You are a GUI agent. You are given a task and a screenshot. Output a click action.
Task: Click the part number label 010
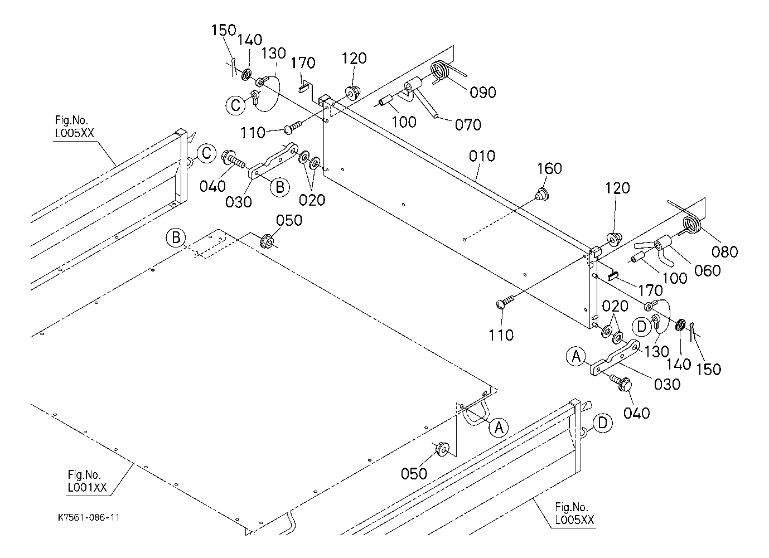[x=481, y=156]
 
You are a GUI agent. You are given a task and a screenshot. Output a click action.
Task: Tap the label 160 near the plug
[x=549, y=168]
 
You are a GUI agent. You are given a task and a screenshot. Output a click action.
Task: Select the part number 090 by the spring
[x=483, y=93]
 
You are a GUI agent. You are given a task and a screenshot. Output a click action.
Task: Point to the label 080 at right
[x=725, y=251]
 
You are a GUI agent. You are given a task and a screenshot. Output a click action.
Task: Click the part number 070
[x=468, y=124]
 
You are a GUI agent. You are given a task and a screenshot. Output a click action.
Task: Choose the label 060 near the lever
[x=707, y=270]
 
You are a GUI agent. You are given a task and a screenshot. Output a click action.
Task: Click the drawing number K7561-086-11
[x=89, y=517]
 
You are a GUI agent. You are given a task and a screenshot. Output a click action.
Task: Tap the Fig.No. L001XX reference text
[x=85, y=481]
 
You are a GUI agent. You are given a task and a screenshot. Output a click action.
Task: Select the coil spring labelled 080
[x=693, y=225]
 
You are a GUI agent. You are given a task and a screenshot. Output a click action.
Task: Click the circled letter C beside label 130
[x=235, y=104]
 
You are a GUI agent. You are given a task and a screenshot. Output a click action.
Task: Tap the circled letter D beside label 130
[x=641, y=326]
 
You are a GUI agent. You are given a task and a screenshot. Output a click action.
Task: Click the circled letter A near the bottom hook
[x=498, y=427]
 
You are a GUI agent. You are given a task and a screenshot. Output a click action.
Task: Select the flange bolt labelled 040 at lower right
[x=622, y=383]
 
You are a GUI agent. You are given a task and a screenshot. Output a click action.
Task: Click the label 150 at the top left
[x=223, y=31]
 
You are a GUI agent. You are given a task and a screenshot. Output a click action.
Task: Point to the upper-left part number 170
[x=303, y=63]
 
